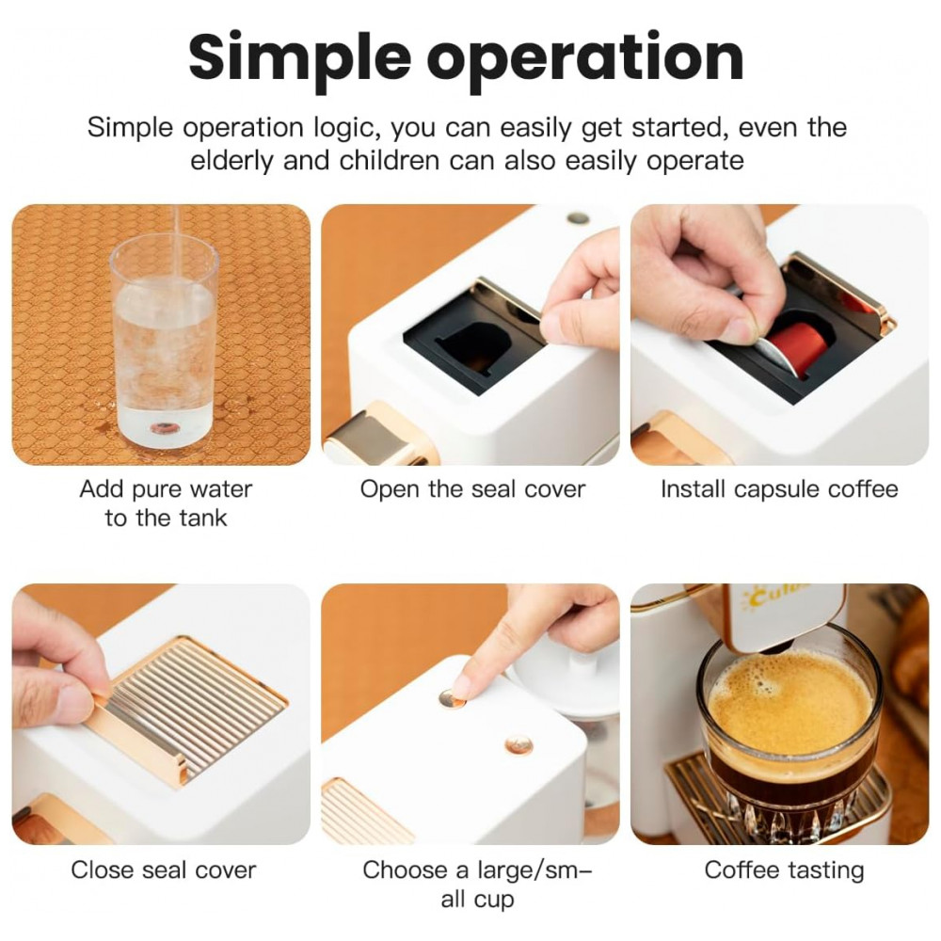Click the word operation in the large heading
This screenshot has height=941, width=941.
pyautogui.click(x=585, y=60)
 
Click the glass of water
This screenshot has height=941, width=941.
pyautogui.click(x=164, y=343)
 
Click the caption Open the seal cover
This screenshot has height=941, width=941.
pyautogui.click(x=472, y=489)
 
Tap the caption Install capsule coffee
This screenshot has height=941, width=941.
pyautogui.click(x=779, y=489)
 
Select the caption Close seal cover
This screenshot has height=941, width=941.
pyautogui.click(x=163, y=869)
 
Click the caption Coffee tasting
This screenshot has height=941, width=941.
pyautogui.click(x=785, y=870)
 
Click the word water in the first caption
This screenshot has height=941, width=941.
pyautogui.click(x=219, y=489)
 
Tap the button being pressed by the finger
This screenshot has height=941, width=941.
pyautogui.click(x=452, y=698)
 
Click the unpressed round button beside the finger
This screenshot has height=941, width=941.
pyautogui.click(x=519, y=744)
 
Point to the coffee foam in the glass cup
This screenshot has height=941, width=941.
pyautogui.click(x=789, y=702)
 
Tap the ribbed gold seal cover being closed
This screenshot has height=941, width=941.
pyautogui.click(x=187, y=709)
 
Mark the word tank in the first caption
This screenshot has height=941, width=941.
pyautogui.click(x=202, y=518)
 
